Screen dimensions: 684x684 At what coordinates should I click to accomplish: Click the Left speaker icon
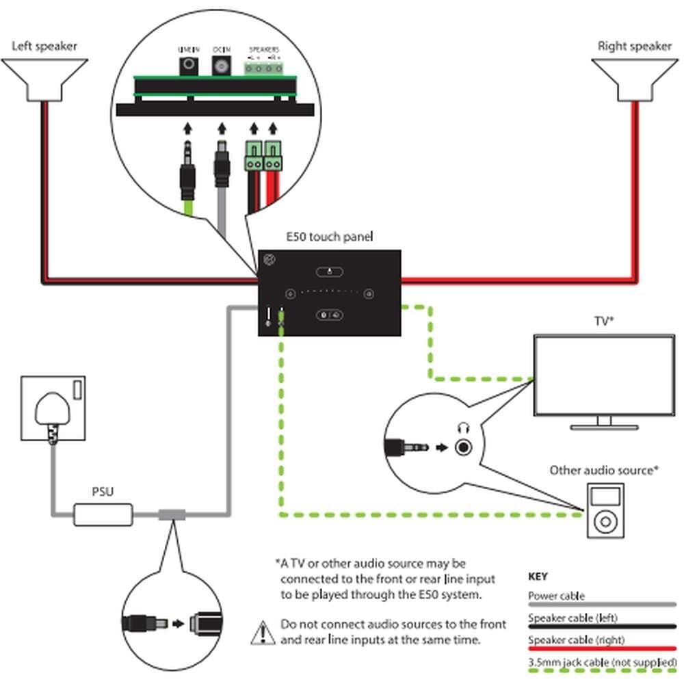(x=44, y=79)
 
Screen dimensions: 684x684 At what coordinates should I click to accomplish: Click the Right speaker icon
(x=635, y=79)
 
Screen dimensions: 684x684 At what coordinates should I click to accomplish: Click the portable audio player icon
(x=605, y=512)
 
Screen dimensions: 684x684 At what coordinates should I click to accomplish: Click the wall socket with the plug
(x=53, y=409)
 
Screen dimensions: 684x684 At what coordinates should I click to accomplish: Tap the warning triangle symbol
(x=263, y=632)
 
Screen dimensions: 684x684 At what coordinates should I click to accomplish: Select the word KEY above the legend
(x=538, y=577)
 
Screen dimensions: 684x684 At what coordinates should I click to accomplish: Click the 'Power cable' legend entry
(x=556, y=596)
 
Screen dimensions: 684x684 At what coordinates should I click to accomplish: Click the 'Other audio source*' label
(x=603, y=470)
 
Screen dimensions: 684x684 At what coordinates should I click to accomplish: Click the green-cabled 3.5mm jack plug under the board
(x=188, y=174)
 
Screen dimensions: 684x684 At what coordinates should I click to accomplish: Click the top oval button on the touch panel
(x=329, y=271)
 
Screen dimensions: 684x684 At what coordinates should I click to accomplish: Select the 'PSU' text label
(x=103, y=491)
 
